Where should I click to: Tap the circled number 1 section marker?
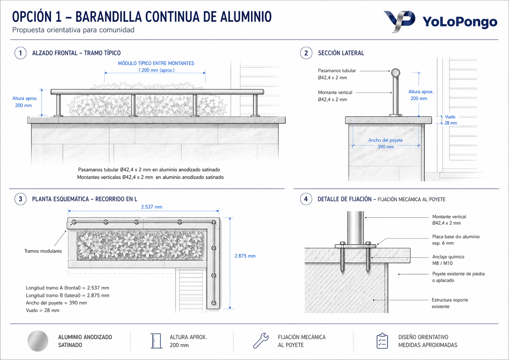(20, 53)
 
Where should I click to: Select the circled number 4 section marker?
(306, 199)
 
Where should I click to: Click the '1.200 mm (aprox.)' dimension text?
(156, 70)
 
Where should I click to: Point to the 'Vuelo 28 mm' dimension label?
(450, 120)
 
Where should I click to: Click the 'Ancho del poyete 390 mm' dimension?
(386, 143)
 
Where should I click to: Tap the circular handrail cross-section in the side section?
(396, 73)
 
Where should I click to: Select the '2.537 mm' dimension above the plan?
(152, 207)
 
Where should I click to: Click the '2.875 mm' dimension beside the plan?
(245, 256)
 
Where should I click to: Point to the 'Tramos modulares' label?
(43, 251)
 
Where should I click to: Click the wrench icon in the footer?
(261, 340)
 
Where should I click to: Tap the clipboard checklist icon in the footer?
(382, 341)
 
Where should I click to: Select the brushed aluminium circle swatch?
(38, 341)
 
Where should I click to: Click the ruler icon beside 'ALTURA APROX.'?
(156, 341)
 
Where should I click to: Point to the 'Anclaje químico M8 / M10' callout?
(448, 260)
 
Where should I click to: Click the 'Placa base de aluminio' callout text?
(456, 237)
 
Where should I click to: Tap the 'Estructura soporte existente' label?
(450, 303)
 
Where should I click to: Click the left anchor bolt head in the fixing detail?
(342, 243)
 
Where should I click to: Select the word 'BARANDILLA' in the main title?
(109, 17)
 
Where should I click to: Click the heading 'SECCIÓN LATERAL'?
(341, 53)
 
